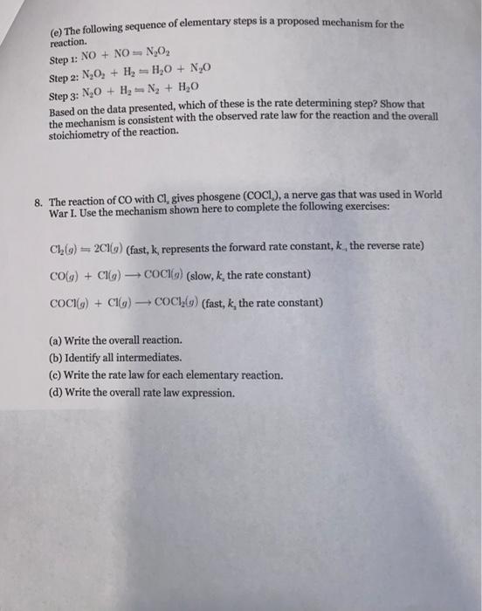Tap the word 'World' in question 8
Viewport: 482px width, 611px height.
tap(427, 194)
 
